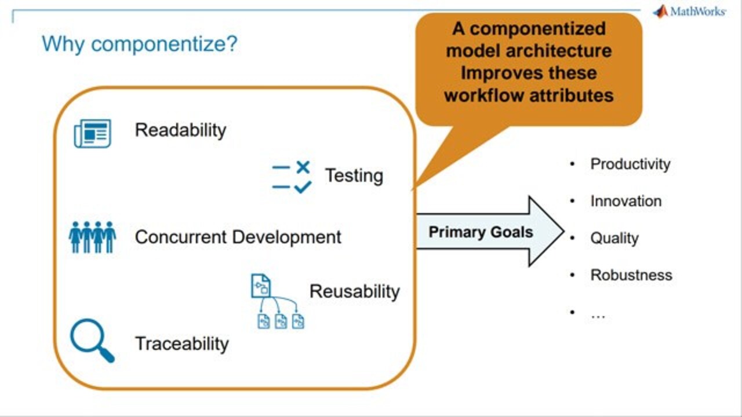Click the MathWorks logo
click(x=689, y=12)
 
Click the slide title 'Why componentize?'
click(x=140, y=44)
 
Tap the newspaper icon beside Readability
click(x=92, y=133)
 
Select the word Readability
click(x=180, y=130)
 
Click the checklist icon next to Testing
click(x=292, y=177)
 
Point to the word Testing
click(x=354, y=175)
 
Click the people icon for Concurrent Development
click(x=92, y=237)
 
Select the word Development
click(x=287, y=237)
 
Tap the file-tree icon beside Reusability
click(x=278, y=301)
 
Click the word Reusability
click(x=355, y=291)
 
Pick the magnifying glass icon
click(x=92, y=341)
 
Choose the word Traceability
click(x=182, y=343)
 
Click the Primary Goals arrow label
click(x=481, y=232)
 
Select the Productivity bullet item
click(x=630, y=164)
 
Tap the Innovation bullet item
click(x=626, y=201)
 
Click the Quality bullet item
click(x=614, y=238)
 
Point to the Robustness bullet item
click(x=631, y=275)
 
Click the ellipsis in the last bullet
click(x=598, y=316)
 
